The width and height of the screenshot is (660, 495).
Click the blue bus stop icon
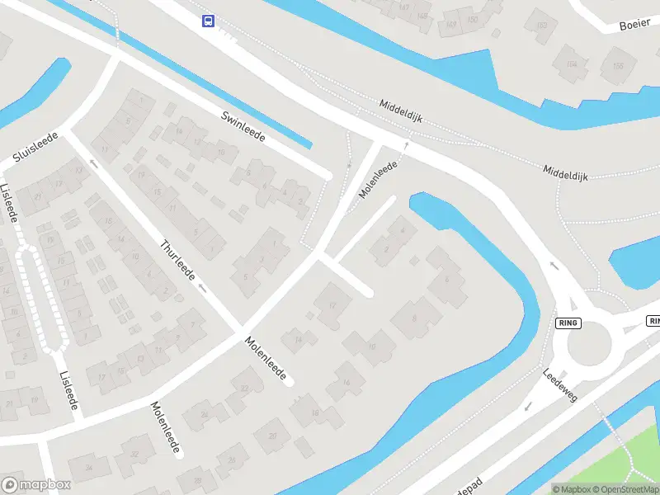pyautogui.click(x=208, y=21)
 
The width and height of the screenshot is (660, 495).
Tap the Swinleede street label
pyautogui.click(x=243, y=125)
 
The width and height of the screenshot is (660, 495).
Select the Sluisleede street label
pyautogui.click(x=35, y=146)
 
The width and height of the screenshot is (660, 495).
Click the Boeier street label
pyautogui.click(x=634, y=24)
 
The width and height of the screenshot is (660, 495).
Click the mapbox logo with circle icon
pyautogui.click(x=36, y=485)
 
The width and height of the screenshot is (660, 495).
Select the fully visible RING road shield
pyautogui.click(x=568, y=323)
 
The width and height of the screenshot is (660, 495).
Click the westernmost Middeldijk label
pyautogui.click(x=401, y=111)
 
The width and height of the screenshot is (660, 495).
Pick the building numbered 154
pyautogui.click(x=570, y=64)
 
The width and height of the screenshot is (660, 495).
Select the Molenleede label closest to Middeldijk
pyautogui.click(x=379, y=179)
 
